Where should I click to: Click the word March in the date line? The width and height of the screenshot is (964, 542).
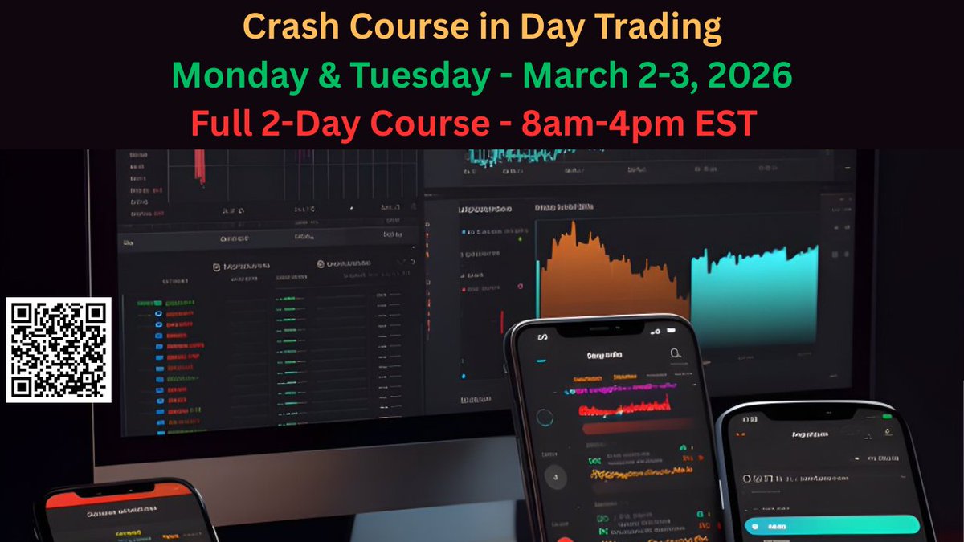[x=571, y=75]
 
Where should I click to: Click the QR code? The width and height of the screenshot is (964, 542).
[x=59, y=349]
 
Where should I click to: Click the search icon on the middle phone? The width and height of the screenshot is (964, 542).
[x=676, y=353]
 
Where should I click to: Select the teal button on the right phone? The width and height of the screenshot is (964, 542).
[x=831, y=526]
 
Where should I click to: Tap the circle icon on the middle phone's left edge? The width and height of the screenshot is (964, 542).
[x=545, y=418]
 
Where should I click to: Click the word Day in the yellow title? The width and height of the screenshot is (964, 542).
[x=547, y=27]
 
